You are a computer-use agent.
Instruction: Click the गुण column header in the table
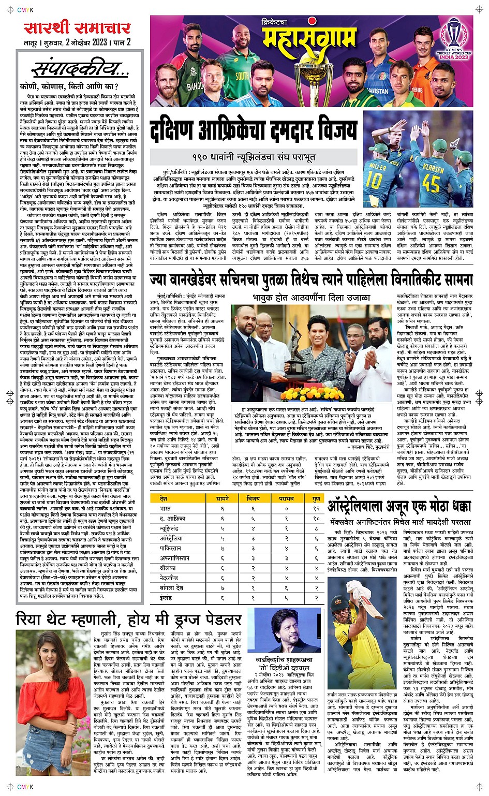point(316,498)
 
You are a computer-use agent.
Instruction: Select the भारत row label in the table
point(166,508)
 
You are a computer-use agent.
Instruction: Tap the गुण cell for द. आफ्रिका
point(316,518)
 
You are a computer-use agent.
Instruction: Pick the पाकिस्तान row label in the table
point(171,548)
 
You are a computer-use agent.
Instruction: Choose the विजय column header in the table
point(254,498)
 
